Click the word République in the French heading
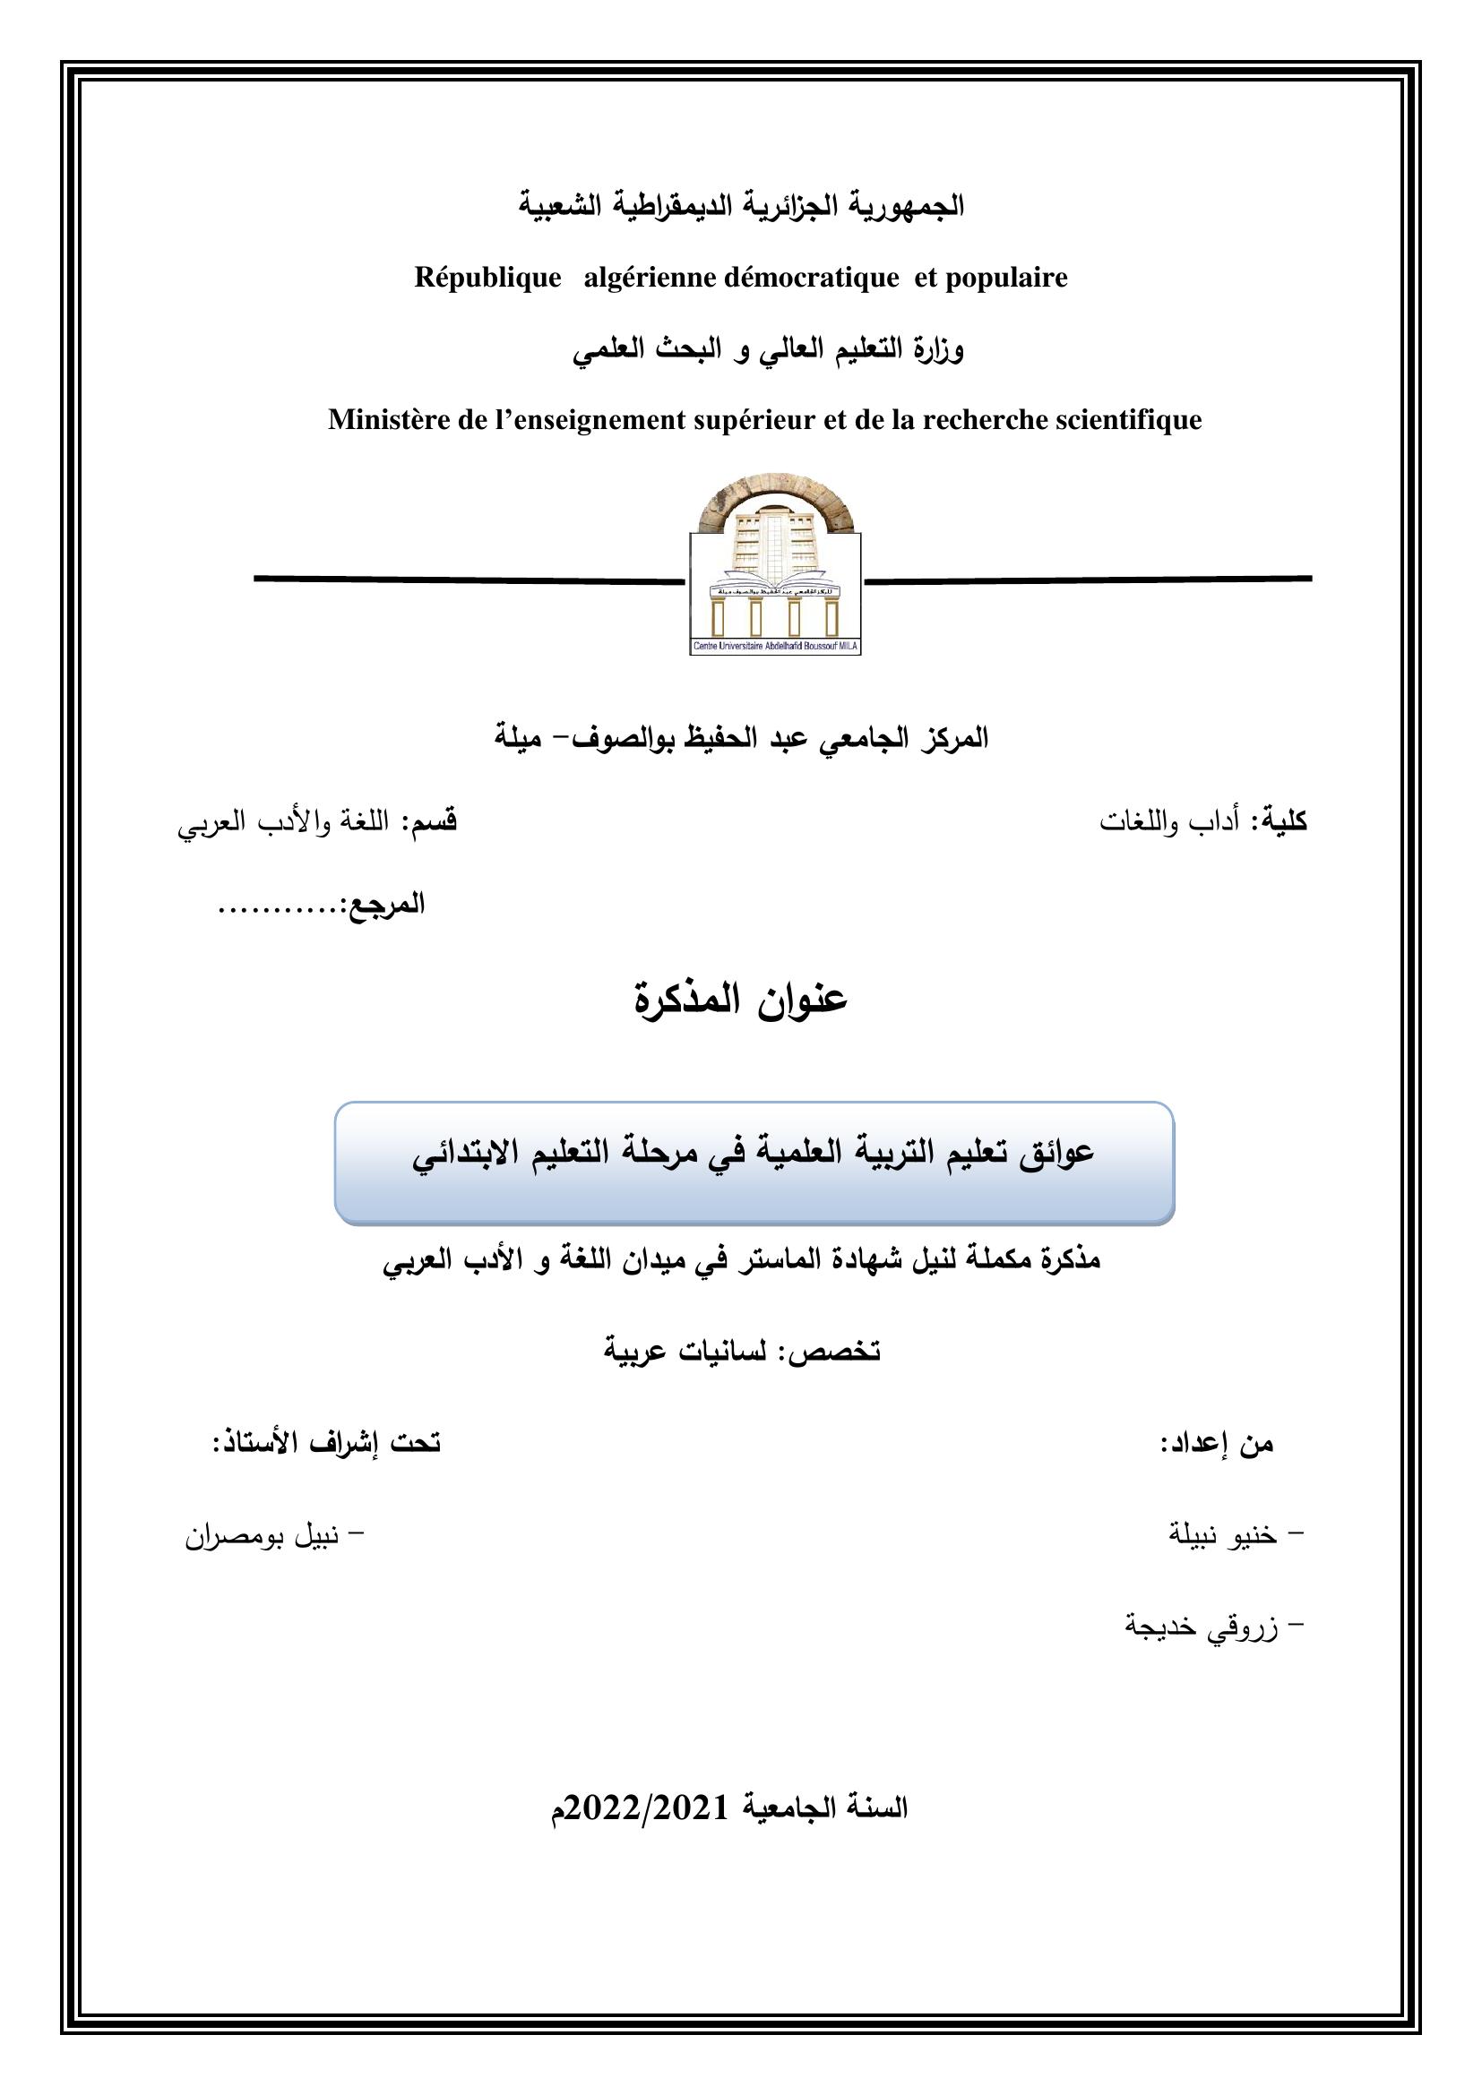(487, 278)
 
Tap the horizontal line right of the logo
(1086, 579)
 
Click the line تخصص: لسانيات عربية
(741, 1351)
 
